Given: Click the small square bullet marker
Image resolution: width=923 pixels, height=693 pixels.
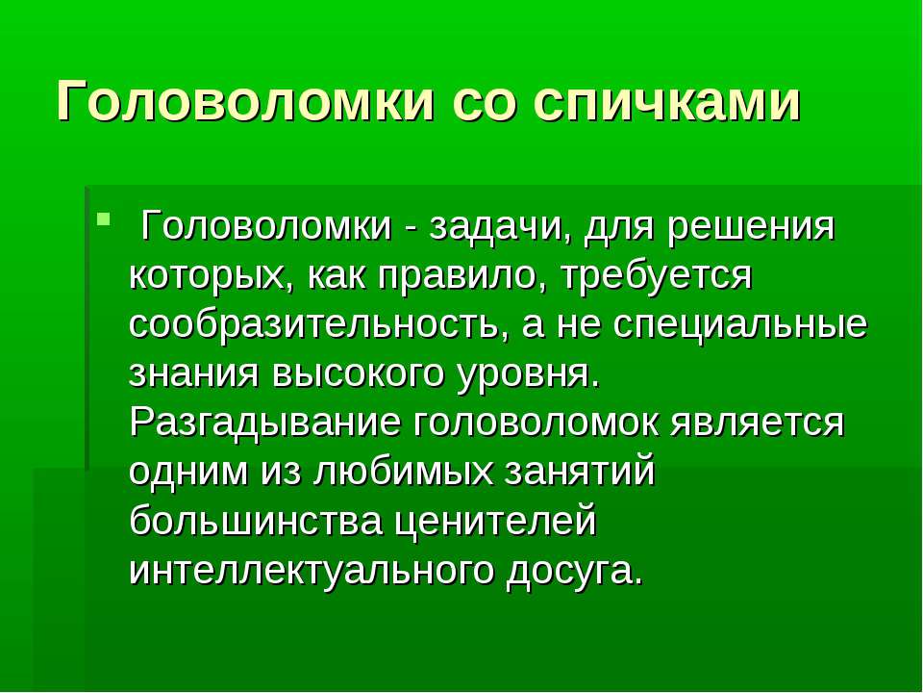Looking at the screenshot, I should (x=103, y=228).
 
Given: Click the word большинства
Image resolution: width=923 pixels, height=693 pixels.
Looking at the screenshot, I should (x=255, y=521).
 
